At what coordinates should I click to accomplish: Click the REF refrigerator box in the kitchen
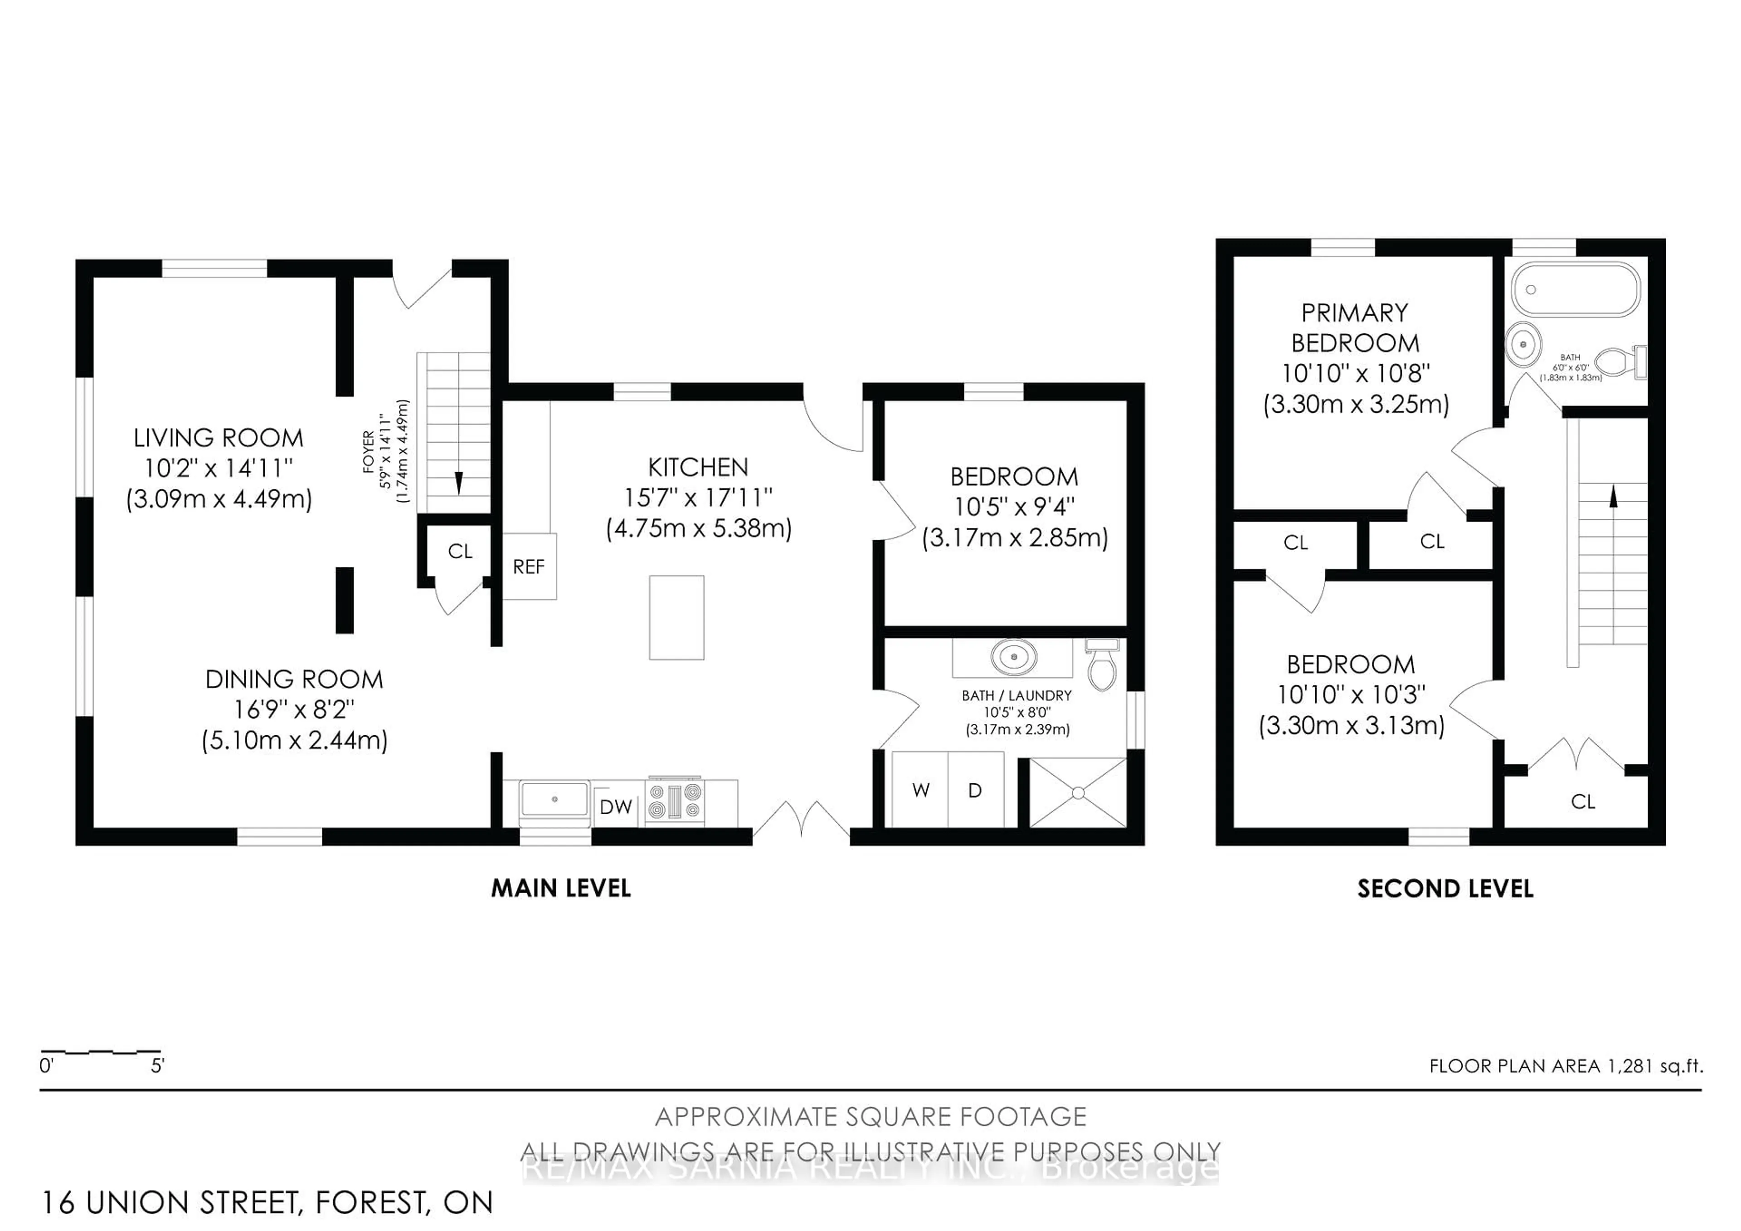529,567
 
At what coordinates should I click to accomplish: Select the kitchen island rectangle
676,617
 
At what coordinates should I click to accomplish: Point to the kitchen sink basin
554,800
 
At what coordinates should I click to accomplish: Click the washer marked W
920,790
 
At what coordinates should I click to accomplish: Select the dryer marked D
975,790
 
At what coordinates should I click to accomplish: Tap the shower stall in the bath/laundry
1078,792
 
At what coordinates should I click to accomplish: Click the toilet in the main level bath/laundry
1102,666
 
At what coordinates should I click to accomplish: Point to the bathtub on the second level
1576,289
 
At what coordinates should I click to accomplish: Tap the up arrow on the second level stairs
1613,496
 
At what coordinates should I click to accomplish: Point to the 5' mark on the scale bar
157,1065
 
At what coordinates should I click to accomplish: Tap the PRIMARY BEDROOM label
1355,327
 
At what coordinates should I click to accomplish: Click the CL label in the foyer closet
460,552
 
